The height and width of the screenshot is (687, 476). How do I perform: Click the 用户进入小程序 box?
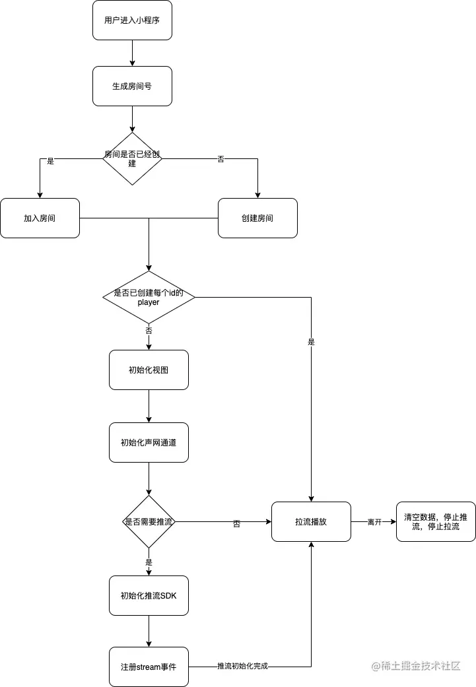[132, 20]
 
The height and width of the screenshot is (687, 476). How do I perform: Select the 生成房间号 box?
[132, 86]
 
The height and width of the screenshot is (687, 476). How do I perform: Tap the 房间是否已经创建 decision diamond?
[132, 158]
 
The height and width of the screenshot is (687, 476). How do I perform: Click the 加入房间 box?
[40, 218]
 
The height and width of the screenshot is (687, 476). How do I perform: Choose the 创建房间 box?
[257, 218]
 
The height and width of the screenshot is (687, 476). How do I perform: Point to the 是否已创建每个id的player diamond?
[149, 297]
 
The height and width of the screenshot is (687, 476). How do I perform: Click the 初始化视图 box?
[149, 370]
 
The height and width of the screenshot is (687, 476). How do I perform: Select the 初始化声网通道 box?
[149, 442]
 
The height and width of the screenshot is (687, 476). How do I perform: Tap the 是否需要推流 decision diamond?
[149, 522]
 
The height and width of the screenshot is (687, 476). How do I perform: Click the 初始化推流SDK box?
[149, 595]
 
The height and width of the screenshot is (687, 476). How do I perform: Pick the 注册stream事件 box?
[149, 667]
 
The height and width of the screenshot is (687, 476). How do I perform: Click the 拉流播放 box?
[311, 521]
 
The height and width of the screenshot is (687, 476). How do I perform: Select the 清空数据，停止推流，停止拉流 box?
[436, 521]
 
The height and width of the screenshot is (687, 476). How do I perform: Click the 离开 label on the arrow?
[374, 522]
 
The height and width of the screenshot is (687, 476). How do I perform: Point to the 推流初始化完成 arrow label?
[242, 667]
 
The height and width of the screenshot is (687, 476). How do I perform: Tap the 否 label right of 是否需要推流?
[236, 523]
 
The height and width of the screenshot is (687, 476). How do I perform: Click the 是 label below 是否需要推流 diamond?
[149, 563]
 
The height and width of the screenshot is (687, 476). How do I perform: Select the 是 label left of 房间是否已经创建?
[50, 160]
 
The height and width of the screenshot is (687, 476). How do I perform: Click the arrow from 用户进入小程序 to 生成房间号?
[132, 53]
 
